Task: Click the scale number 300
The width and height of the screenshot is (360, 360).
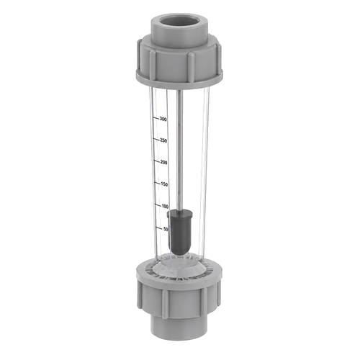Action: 163,120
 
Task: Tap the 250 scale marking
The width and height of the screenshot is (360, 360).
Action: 163,140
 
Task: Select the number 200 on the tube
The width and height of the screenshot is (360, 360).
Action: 163,163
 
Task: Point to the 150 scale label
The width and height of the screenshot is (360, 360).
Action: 164,184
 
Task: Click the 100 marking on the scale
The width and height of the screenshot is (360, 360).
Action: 165,207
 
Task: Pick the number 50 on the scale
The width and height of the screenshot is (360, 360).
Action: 166,229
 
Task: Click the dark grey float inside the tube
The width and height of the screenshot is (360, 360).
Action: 180,232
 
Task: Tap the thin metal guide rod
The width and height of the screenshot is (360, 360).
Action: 179,150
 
